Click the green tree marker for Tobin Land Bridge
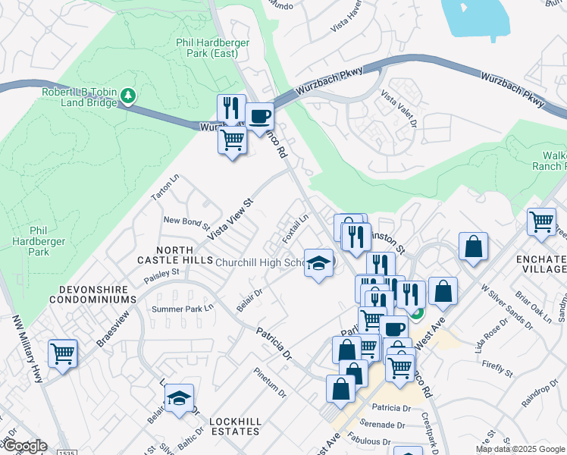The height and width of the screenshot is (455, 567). (x=129, y=96)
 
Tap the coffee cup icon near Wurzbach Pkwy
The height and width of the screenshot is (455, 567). (x=259, y=117)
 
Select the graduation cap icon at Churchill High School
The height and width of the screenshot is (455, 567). (x=318, y=263)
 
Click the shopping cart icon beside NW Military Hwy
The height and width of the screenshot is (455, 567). (x=62, y=353)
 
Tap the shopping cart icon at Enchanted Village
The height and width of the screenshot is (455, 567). (x=541, y=221)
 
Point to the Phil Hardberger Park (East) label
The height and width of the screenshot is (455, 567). (x=212, y=49)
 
